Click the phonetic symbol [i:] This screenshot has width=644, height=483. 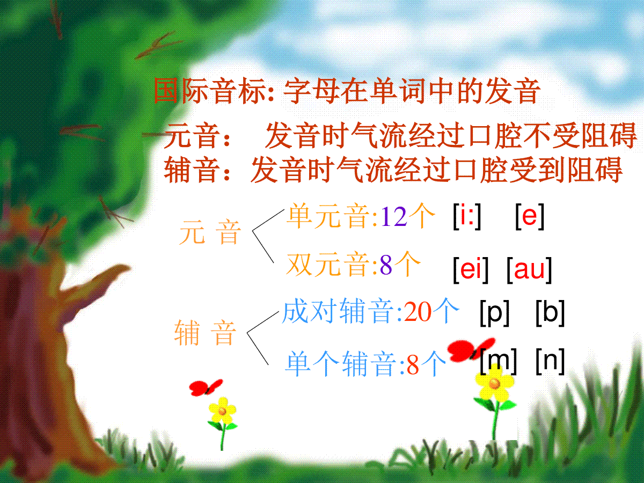pos(467,216)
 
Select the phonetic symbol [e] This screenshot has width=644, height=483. pos(530,216)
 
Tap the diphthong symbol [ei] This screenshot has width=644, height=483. pos(471,269)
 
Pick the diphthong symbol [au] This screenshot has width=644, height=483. pos(529,269)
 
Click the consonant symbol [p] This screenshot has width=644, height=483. pos(494,313)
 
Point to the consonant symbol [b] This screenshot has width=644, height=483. pos(550,313)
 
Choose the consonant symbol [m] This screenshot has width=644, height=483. pos(498,361)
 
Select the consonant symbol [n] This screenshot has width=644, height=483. pos(550,361)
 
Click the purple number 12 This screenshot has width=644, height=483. pos(394,217)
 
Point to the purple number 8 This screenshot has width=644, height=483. pos(386,265)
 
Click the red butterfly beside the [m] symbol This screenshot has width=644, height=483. pos(471,349)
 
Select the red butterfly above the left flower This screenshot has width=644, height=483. pos(206,387)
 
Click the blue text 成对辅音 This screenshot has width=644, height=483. pos(338,311)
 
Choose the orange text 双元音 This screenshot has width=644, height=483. pos(328,265)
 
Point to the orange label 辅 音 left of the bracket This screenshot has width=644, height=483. pos(205,333)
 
